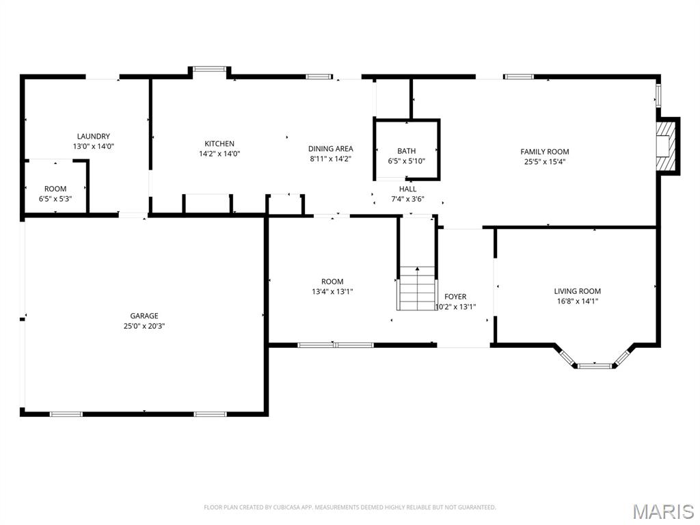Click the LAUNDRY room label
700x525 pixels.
93,136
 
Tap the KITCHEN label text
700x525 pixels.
219,144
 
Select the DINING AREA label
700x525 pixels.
331,148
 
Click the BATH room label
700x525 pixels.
406,151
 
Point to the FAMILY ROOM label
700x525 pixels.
545,151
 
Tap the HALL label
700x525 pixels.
407,189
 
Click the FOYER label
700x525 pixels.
455,297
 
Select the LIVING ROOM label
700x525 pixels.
577,291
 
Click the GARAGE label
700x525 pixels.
144,316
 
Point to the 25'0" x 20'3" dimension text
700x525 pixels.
144,326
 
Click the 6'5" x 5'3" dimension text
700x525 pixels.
55,199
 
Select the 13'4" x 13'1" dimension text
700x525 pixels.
333,291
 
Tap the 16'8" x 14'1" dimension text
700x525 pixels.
577,301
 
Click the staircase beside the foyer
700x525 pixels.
417,288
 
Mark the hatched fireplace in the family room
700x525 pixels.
666,146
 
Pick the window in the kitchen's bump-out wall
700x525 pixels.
209,69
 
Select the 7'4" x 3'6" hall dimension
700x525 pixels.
407,199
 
